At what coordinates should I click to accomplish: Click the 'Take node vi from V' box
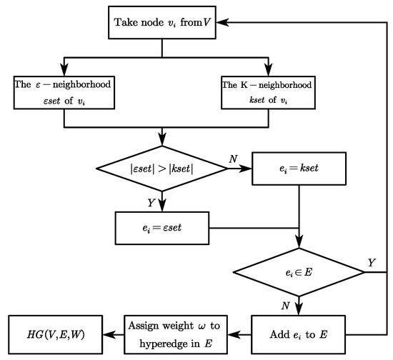point(163,23)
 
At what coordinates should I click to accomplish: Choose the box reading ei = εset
point(164,229)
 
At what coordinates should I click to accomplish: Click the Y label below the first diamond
point(151,203)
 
